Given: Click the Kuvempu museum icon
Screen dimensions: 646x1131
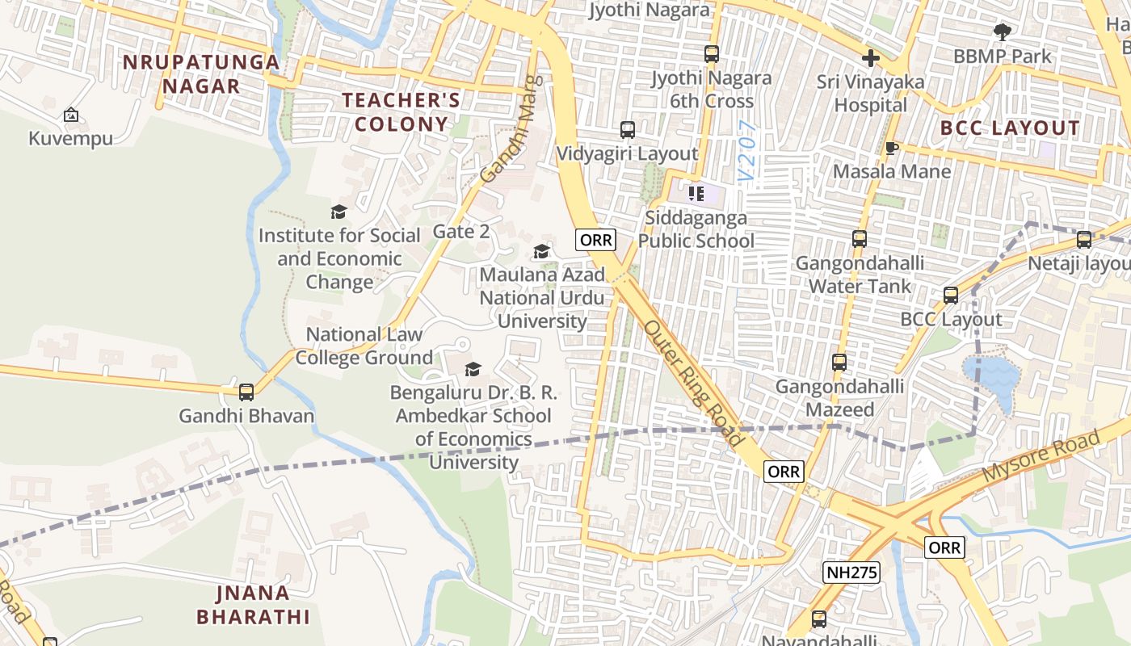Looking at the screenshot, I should click(71, 115).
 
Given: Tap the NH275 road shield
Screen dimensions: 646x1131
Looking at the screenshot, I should click(851, 573).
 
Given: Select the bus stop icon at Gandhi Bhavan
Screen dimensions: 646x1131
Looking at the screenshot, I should click(246, 392).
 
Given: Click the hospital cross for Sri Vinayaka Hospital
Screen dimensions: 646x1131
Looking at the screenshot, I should click(870, 58).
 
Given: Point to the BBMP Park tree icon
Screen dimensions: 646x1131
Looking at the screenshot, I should click(1003, 33).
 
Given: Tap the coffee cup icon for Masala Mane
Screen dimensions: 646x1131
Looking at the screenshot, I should click(891, 148).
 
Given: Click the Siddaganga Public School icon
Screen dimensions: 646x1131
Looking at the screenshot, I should click(696, 194).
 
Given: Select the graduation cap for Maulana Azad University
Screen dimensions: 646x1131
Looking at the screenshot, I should click(541, 252).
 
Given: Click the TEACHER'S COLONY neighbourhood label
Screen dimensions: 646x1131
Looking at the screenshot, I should click(402, 112).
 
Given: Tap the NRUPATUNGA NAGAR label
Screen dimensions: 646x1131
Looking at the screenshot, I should click(201, 74).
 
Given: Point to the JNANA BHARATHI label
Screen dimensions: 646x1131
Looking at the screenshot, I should click(253, 605).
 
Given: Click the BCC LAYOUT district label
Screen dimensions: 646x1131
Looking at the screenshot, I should click(1010, 128).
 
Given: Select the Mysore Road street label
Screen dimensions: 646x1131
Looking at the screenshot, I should click(1041, 457).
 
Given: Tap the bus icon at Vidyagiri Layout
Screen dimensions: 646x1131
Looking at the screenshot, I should click(627, 130).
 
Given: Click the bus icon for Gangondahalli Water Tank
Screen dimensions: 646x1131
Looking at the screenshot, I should click(860, 240).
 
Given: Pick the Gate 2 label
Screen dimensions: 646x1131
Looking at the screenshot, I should click(461, 232).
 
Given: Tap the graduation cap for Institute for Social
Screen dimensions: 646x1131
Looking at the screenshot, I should click(339, 212).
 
